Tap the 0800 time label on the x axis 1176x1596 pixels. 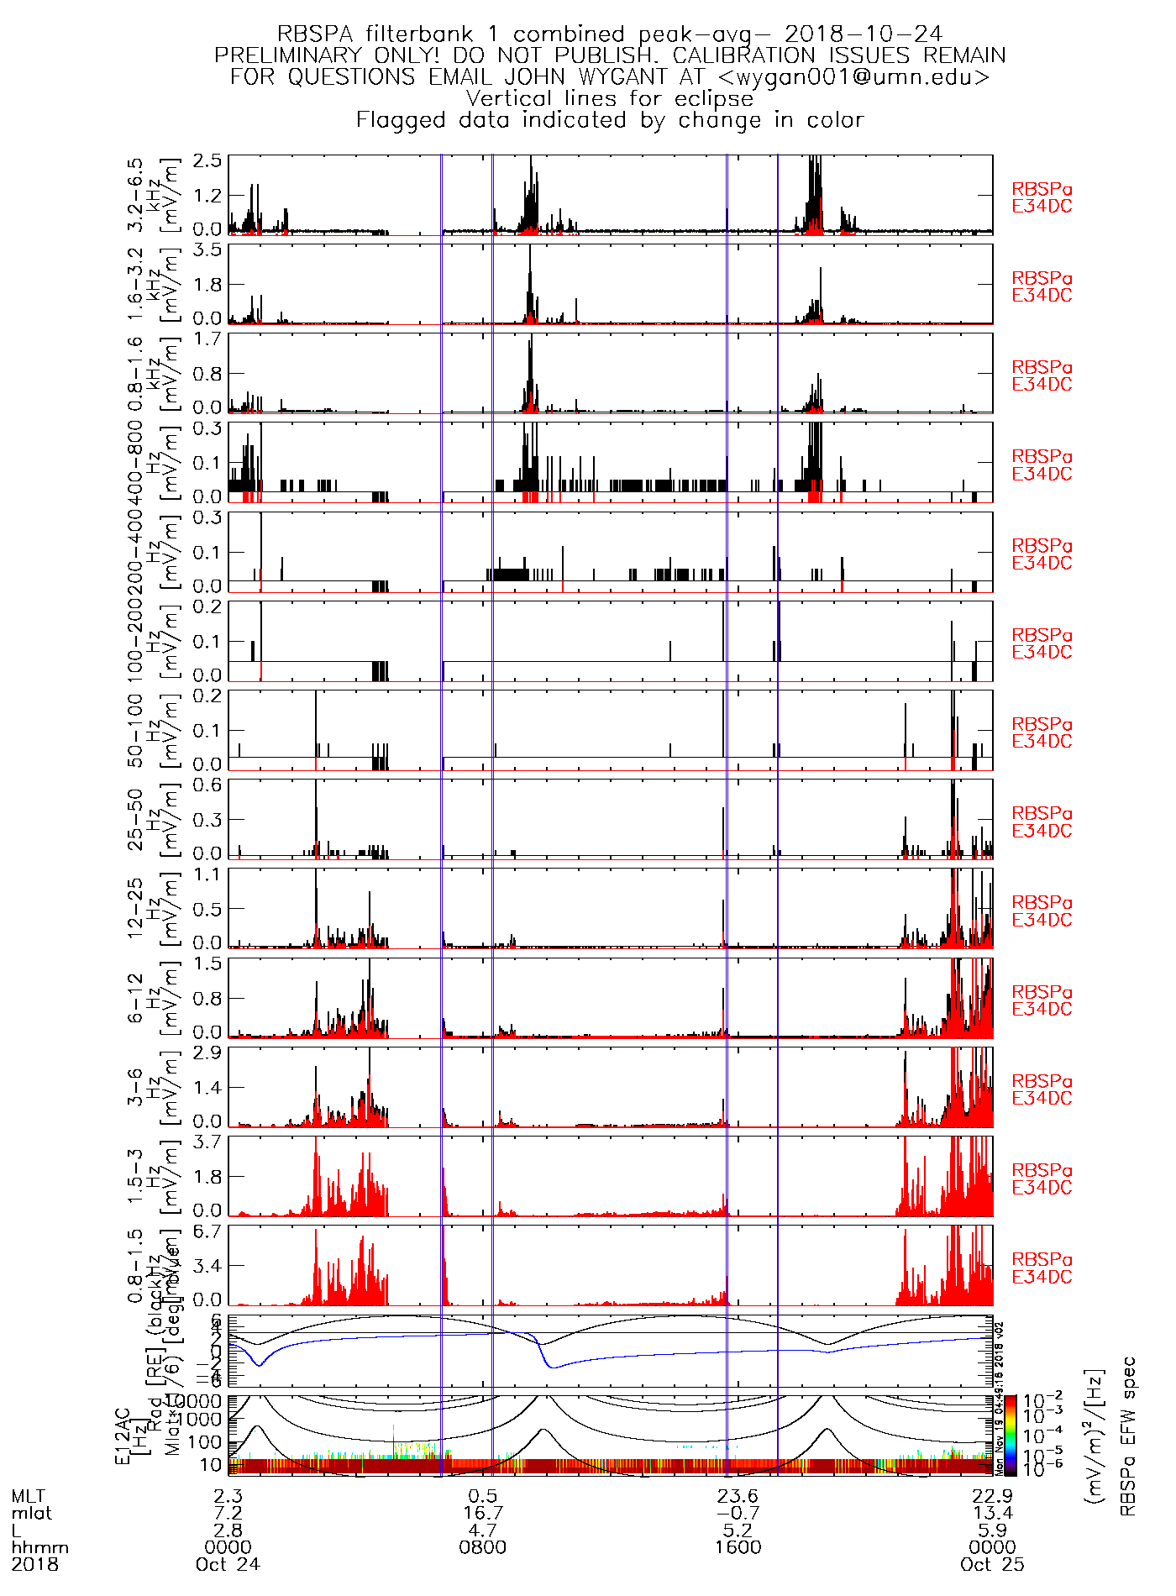click(x=483, y=1547)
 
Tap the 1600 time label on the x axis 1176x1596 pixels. click(x=738, y=1547)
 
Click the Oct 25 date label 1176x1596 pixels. click(x=992, y=1564)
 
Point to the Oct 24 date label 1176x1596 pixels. click(x=228, y=1564)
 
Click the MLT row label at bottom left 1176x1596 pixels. click(x=29, y=1496)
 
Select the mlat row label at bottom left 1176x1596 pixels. click(x=31, y=1513)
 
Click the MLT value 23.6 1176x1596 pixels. click(x=738, y=1496)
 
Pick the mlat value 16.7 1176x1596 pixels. click(x=483, y=1513)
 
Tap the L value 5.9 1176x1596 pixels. click(x=992, y=1530)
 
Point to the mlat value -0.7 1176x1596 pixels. click(x=738, y=1513)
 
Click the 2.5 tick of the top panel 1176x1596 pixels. click(x=207, y=160)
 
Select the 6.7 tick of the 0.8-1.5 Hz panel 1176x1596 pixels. click(x=207, y=1231)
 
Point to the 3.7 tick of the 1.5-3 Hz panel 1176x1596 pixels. click(x=207, y=1142)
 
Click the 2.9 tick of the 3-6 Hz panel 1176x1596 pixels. click(x=207, y=1053)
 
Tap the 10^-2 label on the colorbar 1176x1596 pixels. click(x=1037, y=1400)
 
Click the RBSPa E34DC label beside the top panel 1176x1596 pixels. click(x=1042, y=197)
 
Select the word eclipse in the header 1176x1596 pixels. click(x=714, y=98)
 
